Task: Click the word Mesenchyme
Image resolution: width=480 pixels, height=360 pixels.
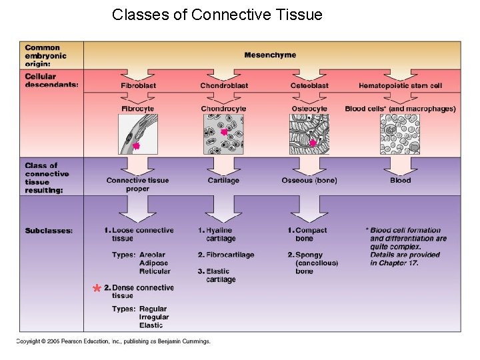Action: point(270,55)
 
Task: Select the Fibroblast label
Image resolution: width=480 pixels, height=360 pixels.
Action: point(139,86)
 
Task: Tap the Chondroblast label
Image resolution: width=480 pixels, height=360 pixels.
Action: point(224,86)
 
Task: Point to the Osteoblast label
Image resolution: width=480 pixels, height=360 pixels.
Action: point(309,86)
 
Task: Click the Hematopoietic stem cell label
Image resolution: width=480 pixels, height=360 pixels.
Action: point(401,86)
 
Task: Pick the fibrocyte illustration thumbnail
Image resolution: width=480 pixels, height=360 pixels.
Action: point(138,135)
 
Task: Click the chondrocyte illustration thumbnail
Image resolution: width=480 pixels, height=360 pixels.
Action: point(224,135)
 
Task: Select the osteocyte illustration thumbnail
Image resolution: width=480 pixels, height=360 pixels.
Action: point(309,135)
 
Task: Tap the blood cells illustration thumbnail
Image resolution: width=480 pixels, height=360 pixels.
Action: point(400,135)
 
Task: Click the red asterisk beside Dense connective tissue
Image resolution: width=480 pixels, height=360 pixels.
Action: point(97,288)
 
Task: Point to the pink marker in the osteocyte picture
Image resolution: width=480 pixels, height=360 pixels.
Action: point(313,143)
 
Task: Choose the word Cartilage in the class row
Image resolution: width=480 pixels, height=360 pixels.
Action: point(223,181)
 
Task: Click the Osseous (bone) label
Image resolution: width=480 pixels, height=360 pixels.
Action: point(309,181)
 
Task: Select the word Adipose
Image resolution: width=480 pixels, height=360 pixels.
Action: point(154,263)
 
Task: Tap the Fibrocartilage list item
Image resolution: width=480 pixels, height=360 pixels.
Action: point(226,255)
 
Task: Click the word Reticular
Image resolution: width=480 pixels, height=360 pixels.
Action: point(155,271)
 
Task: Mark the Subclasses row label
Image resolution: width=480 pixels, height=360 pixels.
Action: point(49,231)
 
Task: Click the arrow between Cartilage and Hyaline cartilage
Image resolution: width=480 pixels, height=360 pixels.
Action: point(223,209)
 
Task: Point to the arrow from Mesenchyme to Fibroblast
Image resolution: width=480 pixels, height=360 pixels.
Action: point(138,75)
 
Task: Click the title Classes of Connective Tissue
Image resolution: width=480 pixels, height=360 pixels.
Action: point(217,15)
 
